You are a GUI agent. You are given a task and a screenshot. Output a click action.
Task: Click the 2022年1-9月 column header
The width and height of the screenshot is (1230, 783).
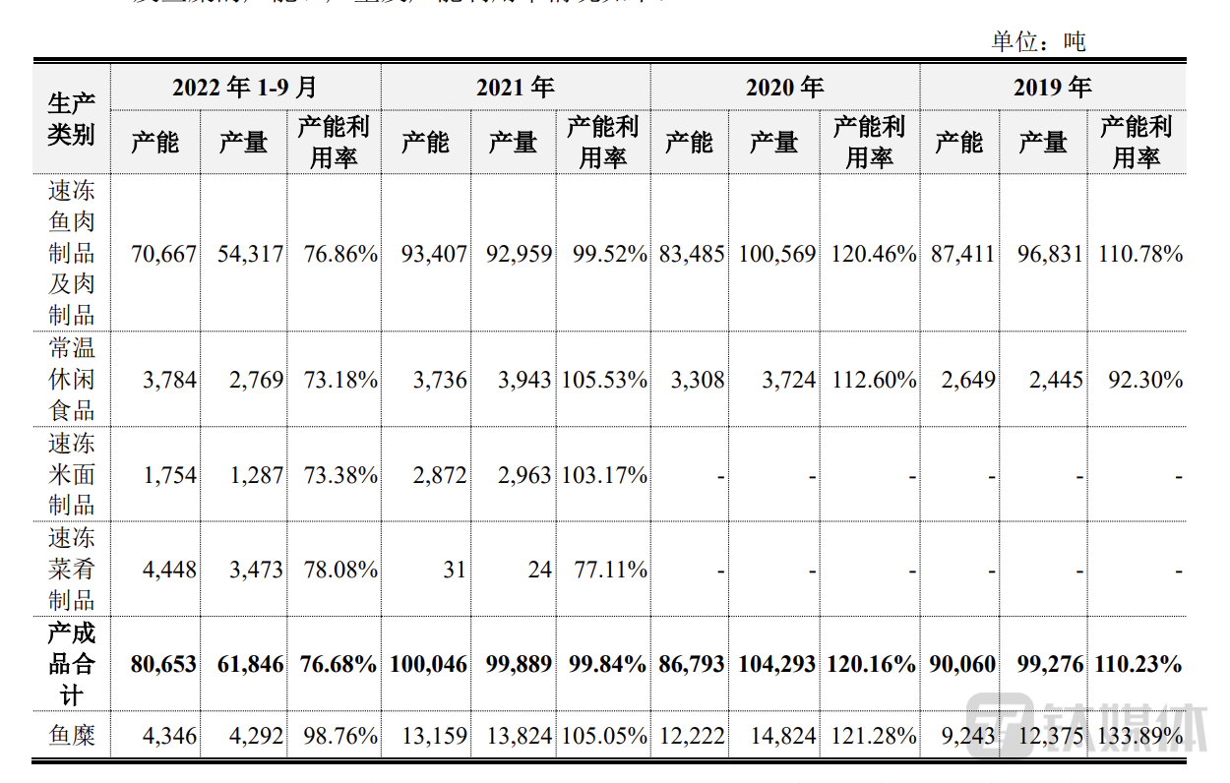(245, 88)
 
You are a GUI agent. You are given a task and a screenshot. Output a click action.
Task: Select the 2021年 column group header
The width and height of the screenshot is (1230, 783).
(516, 88)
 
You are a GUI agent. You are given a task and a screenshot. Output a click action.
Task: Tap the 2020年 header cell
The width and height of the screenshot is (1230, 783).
(784, 88)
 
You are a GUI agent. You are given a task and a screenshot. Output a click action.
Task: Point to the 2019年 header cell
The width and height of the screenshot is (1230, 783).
(1053, 88)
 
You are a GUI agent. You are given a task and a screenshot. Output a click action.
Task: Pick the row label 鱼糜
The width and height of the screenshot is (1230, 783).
(71, 735)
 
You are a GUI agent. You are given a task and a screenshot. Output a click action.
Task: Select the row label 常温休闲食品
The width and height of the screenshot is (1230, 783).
(71, 379)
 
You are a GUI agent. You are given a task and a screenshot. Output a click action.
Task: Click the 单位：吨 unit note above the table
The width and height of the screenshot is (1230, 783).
(1038, 41)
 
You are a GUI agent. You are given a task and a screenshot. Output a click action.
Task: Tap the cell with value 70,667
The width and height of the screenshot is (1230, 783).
(163, 254)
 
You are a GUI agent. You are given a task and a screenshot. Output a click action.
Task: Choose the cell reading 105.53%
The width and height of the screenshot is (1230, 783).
(604, 380)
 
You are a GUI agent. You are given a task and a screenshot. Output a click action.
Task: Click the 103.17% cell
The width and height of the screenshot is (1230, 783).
(604, 476)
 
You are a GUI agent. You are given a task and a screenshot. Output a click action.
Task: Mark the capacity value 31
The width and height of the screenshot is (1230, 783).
(454, 570)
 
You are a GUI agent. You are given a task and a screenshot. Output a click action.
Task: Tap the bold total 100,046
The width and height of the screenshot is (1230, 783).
(428, 665)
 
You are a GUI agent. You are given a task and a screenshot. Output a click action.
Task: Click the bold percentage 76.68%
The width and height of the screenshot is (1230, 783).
(334, 665)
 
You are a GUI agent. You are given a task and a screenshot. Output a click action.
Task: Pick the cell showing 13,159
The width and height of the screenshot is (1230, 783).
(434, 736)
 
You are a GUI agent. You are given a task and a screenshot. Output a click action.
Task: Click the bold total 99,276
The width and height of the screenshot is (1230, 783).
(1044, 665)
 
